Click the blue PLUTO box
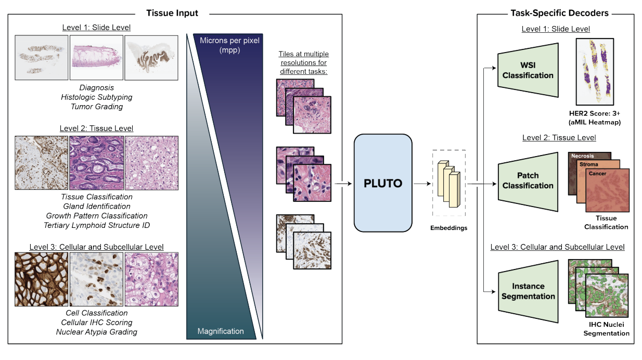383,183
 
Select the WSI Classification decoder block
528,70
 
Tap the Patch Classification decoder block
528,180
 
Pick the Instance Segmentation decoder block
528,291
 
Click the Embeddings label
448,228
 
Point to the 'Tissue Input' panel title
172,13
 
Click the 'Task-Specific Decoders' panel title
559,13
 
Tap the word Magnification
221,331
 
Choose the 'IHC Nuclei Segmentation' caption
606,329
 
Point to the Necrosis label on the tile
583,156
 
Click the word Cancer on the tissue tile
597,173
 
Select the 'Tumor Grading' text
97,107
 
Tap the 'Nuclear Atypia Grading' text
97,332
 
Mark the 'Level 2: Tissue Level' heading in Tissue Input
96,128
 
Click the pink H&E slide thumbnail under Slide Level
96,57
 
